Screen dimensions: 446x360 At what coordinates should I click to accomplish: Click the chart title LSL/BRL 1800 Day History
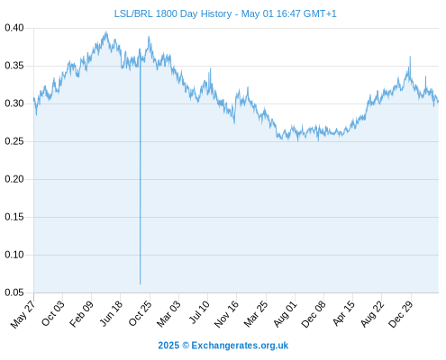(x=173, y=13)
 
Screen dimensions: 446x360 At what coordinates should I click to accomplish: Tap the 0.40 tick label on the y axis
(x=14, y=28)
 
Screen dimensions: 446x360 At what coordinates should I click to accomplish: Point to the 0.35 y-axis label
(x=14, y=66)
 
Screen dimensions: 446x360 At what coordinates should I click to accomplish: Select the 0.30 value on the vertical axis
(x=14, y=103)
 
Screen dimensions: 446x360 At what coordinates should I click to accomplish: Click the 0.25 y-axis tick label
(x=14, y=141)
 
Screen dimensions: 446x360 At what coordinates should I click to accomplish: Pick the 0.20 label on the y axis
(x=14, y=179)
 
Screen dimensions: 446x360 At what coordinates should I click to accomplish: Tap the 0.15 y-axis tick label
(x=14, y=217)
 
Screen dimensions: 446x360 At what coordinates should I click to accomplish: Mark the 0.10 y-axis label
(x=14, y=255)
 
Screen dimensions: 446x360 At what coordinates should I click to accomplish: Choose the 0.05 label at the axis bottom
(x=14, y=292)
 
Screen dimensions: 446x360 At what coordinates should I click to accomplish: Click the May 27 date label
(x=23, y=314)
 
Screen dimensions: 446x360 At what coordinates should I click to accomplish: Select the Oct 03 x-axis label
(x=53, y=313)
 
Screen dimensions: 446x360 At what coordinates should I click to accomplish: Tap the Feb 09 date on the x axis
(x=81, y=314)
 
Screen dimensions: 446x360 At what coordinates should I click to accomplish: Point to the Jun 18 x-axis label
(x=111, y=313)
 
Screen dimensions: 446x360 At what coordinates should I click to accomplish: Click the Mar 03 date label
(x=168, y=314)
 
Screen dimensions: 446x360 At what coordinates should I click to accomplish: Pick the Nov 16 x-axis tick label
(x=226, y=314)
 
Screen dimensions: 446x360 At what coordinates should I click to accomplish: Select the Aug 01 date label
(x=286, y=314)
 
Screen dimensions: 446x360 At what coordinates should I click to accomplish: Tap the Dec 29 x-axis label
(x=401, y=314)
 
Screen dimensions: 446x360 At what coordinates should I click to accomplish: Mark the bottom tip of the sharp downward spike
(x=140, y=283)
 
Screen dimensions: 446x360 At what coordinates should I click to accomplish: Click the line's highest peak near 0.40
(x=106, y=31)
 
